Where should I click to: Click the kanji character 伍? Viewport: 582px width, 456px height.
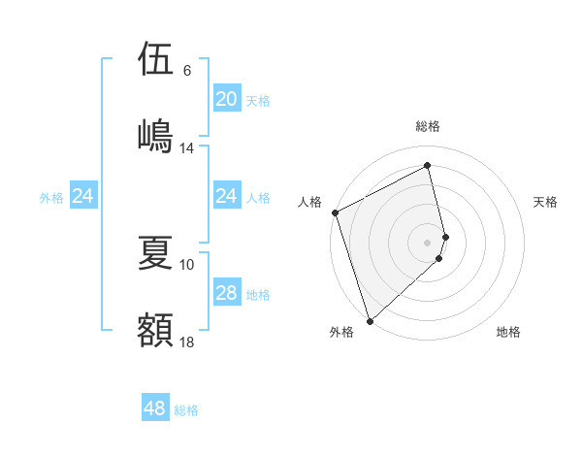[x=155, y=59]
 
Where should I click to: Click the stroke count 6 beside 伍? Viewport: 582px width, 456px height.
[x=187, y=71]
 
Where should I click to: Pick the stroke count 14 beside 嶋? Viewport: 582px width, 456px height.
[x=187, y=148]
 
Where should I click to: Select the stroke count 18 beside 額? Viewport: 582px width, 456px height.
[x=187, y=342]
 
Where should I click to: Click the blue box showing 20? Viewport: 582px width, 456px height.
[x=226, y=99]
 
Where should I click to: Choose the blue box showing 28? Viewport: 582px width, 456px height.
[x=226, y=293]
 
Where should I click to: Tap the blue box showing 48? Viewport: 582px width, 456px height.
[x=155, y=408]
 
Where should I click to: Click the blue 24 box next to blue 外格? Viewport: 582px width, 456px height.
[x=83, y=196]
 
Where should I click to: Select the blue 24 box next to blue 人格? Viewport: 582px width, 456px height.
[x=226, y=196]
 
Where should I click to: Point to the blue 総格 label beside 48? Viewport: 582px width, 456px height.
[x=186, y=410]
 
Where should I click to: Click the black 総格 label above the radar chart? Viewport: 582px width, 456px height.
[x=428, y=127]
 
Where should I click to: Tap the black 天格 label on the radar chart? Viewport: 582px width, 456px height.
[x=545, y=202]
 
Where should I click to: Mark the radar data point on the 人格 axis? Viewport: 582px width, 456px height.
[x=335, y=212]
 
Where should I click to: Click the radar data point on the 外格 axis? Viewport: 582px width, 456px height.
[x=370, y=320]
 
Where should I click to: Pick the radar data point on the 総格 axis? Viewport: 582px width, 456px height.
[x=428, y=166]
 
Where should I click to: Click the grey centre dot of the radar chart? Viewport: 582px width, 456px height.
[x=428, y=242]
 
